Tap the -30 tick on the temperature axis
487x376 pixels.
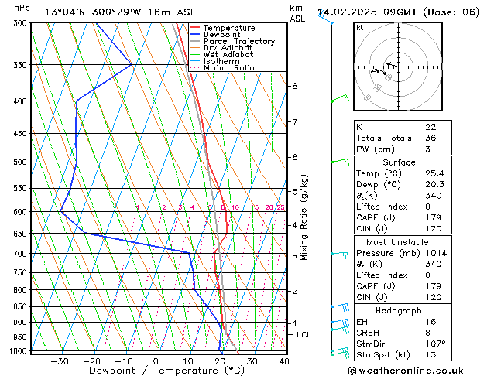[x=60, y=361]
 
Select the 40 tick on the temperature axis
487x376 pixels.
[x=284, y=361]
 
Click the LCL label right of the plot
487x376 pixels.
[x=304, y=335]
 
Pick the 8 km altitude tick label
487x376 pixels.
[x=294, y=86]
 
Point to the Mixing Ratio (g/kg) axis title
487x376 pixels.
[x=305, y=217]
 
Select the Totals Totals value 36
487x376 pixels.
[x=430, y=138]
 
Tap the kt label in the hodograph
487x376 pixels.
[x=359, y=27]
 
